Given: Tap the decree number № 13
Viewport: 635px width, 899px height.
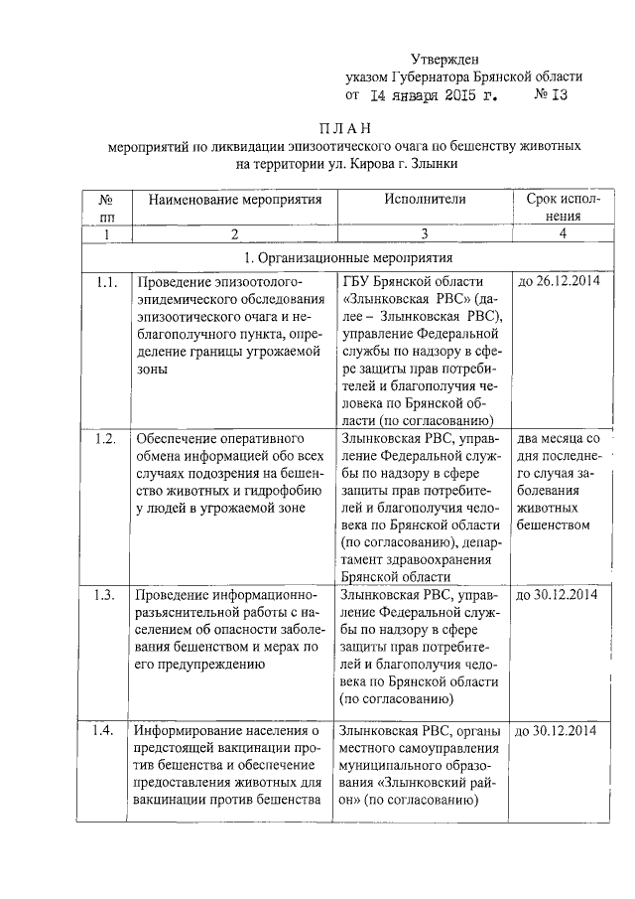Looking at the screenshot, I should coord(552,97).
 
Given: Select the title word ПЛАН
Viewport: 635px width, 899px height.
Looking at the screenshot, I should coord(344,128).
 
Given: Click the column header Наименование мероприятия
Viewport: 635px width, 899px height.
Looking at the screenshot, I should coord(235,199).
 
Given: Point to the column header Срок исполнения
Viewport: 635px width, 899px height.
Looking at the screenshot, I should coord(562,207).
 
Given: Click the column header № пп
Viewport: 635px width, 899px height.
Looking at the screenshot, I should coord(106,207).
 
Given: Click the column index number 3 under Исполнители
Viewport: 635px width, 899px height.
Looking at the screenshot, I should coord(424,233).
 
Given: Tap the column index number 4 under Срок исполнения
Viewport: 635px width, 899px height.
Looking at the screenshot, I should coord(562,233).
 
